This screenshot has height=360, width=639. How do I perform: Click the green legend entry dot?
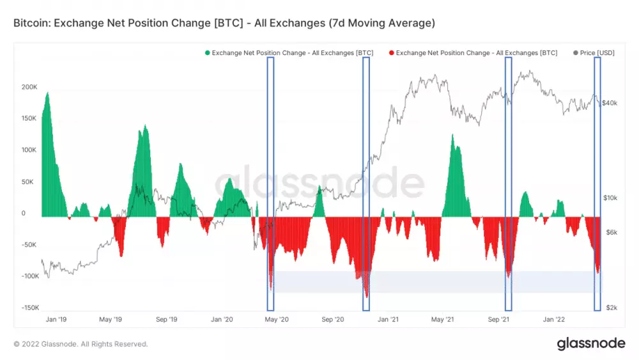pos(207,53)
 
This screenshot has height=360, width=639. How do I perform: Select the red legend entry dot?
pos(391,53)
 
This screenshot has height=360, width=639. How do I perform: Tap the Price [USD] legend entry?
pos(594,53)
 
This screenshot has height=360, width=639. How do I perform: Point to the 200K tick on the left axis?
pos(29,86)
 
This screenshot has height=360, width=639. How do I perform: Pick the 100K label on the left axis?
pos(29,150)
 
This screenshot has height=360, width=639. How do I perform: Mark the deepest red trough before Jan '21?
pos(366,295)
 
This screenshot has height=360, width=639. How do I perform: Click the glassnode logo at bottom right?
pos(591,343)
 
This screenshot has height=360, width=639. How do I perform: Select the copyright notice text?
pos(81,344)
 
